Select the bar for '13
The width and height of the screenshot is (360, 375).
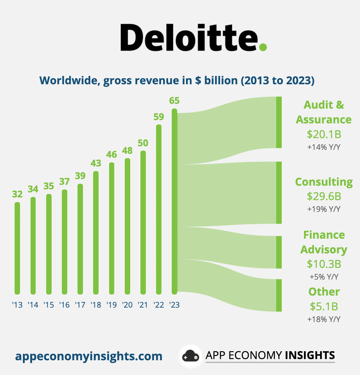point(17,248)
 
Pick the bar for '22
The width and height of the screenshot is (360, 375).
point(159,209)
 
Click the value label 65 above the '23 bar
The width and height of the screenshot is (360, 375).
point(174,101)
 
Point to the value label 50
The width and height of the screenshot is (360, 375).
point(143,143)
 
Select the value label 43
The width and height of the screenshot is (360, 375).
point(96,163)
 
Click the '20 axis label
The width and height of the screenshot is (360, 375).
point(127,305)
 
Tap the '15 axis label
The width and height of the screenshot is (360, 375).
point(49,305)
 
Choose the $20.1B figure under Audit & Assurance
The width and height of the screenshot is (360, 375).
point(324,134)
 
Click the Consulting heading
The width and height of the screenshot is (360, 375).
point(324,182)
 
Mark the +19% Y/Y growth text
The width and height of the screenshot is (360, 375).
point(324,209)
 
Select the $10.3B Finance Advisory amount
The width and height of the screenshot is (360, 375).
point(324,264)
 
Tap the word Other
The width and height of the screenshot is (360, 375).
point(324,292)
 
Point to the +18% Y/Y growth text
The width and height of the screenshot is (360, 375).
point(324,319)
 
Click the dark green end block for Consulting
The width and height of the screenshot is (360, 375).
point(279,193)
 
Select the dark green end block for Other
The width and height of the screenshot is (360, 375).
point(279,295)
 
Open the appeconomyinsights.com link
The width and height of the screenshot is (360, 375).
point(89,356)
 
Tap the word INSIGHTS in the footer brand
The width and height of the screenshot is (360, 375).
point(310,355)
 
